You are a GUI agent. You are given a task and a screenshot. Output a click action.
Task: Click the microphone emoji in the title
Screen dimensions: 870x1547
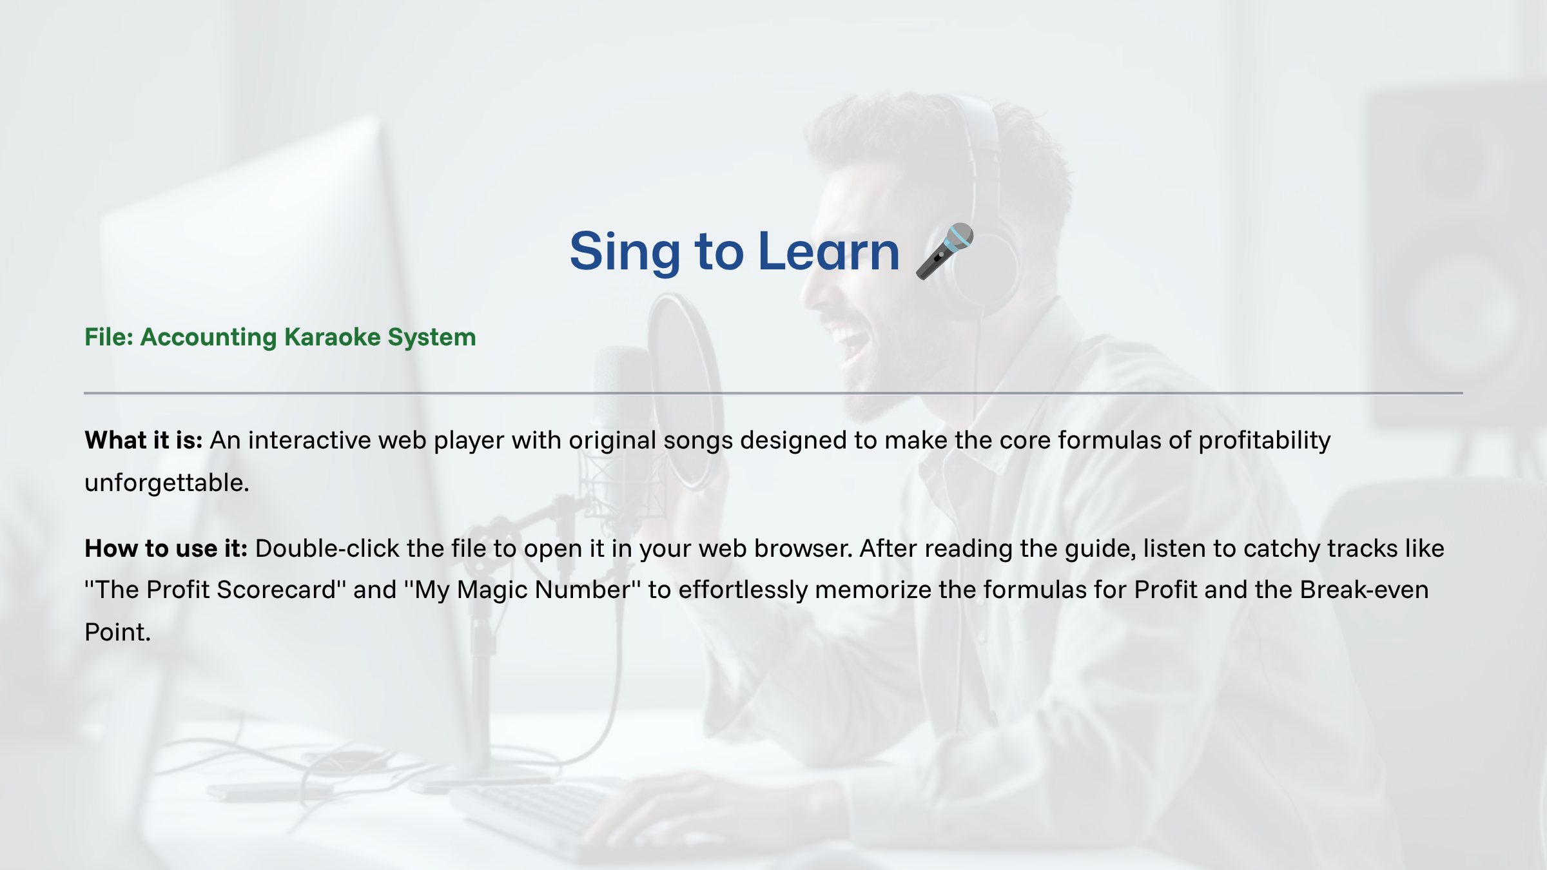tap(944, 251)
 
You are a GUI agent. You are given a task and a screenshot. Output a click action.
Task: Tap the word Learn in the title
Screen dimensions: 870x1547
tap(829, 251)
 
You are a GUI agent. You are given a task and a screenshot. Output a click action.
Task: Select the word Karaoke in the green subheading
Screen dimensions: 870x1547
tap(333, 337)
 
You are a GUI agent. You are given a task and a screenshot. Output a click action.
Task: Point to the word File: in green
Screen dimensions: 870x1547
tap(109, 337)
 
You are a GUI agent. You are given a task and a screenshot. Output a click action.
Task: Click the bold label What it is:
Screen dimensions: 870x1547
tap(144, 440)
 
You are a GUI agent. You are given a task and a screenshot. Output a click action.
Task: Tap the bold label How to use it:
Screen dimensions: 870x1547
tap(166, 548)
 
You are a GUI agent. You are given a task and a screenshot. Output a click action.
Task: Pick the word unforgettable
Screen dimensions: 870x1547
tap(167, 483)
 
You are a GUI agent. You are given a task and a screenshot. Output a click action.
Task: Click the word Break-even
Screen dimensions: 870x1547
tap(1364, 590)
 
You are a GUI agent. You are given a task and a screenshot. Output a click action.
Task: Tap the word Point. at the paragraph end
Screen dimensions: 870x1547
tap(117, 632)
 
